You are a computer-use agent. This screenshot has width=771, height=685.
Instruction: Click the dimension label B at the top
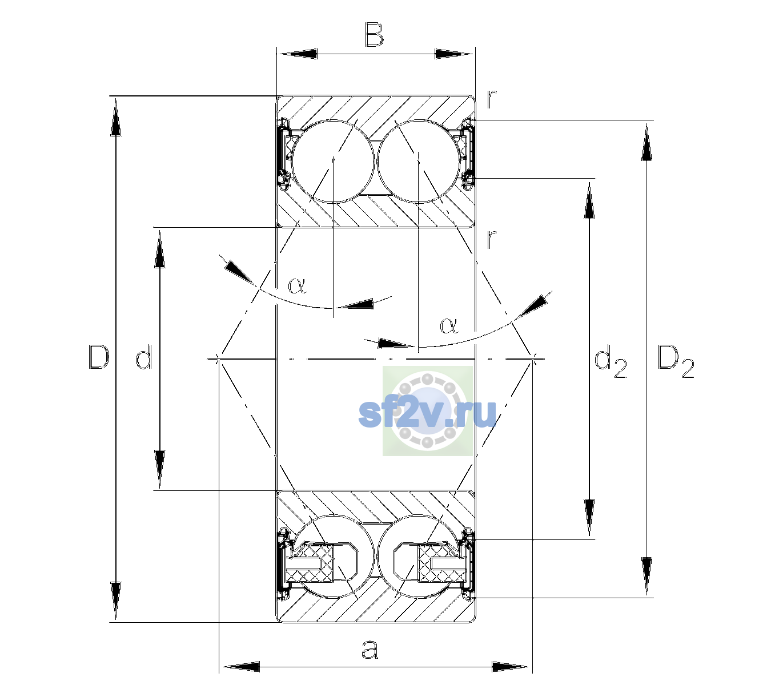[x=374, y=35]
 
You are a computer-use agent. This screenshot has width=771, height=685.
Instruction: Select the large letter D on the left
[x=99, y=357]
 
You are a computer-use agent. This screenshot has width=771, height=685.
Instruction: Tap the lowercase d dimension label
[x=144, y=357]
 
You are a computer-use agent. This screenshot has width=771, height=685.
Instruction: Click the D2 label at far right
[x=676, y=361]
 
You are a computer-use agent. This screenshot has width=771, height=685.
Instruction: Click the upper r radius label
[x=491, y=99]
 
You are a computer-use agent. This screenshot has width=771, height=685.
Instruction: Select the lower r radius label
[x=491, y=239]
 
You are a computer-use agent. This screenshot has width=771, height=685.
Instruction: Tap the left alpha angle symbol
[x=297, y=285]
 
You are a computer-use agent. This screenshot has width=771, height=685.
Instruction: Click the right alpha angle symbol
[x=449, y=325]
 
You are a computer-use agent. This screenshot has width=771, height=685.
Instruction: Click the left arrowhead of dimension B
[x=297, y=54]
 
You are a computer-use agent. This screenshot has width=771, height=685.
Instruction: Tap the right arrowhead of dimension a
[x=510, y=667]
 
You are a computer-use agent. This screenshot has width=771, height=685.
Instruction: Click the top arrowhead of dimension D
[x=116, y=116]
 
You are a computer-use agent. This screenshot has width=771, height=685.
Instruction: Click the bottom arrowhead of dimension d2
[x=589, y=518]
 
